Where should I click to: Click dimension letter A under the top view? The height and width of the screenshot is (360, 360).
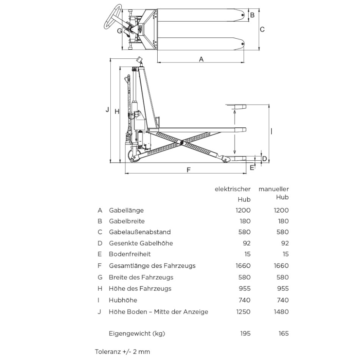pos(201,59)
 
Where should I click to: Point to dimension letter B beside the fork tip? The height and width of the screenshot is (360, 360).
pos(252,15)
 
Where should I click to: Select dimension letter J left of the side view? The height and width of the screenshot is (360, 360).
pos(107,110)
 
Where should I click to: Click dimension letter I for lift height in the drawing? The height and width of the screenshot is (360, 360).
pos(272,131)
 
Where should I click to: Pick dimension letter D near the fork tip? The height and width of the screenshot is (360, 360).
pos(265,158)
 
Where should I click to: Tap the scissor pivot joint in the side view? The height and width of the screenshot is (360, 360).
pos(182,143)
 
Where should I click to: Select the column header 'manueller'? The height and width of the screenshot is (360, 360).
pos(274,189)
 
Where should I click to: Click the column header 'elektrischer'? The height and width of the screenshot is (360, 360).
pos(233,189)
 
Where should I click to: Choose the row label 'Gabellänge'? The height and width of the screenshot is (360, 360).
pos(126,210)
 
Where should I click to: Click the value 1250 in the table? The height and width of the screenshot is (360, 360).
pos(243,311)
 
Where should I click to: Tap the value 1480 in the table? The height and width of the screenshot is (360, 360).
pos(281,311)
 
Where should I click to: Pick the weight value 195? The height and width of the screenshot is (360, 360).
pos(245,333)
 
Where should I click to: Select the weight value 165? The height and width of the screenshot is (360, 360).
pos(283,333)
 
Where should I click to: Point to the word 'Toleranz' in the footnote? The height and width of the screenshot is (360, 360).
pos(107,352)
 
